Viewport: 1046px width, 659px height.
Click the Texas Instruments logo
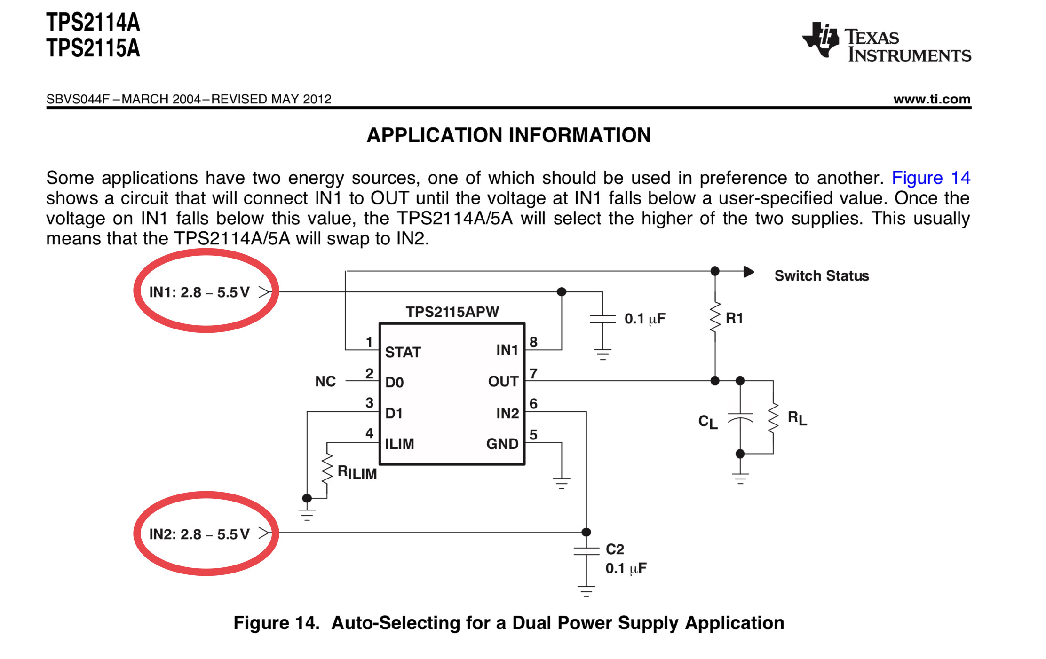click(886, 42)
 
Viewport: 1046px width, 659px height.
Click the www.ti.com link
click(932, 99)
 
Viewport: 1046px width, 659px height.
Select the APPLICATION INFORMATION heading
click(508, 135)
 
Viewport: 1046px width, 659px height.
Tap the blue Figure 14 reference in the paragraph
click(930, 178)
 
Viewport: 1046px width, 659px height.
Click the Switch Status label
click(821, 275)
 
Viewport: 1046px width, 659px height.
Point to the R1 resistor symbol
click(715, 318)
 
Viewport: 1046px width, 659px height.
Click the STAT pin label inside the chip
click(403, 352)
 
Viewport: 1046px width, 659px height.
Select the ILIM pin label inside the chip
click(399, 444)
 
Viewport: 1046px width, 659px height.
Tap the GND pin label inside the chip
click(502, 444)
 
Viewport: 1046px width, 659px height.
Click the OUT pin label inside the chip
click(503, 381)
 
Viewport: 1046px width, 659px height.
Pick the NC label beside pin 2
click(325, 381)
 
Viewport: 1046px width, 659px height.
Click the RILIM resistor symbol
click(327, 469)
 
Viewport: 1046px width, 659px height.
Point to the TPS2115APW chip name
click(452, 312)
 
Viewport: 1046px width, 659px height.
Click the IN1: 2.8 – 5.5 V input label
click(199, 292)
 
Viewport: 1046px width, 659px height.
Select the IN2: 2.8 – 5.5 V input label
click(199, 534)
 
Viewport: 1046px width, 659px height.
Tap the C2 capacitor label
click(615, 549)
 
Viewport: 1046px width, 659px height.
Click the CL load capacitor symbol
click(740, 417)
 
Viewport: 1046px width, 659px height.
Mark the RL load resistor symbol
click(773, 417)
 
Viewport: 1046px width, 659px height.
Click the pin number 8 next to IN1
click(533, 342)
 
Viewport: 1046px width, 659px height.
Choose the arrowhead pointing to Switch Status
click(749, 272)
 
